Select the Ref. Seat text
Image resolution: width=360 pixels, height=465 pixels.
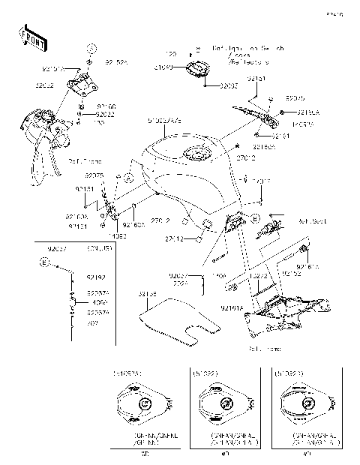point(310,221)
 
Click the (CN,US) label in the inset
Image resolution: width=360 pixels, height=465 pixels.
point(99,248)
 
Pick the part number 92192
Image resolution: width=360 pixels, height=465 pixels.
point(97,277)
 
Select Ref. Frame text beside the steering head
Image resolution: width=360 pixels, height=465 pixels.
point(81,161)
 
